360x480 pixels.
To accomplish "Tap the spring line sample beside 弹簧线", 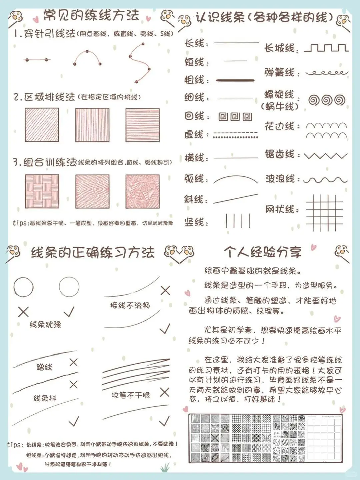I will coord(327,72).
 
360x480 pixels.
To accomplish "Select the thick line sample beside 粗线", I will coord(235,80).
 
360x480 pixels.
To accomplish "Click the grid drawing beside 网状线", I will coord(324,212).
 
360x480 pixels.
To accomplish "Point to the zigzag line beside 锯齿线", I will coord(326,156).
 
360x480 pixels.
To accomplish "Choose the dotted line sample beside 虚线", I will coord(235,135).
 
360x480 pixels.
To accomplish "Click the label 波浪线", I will coord(280,179).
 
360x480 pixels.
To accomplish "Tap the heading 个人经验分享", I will coord(263,252).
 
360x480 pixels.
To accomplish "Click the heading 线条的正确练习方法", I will coord(93,253).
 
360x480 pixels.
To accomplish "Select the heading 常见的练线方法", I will coord(91,15).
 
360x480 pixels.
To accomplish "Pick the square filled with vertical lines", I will coord(92,125).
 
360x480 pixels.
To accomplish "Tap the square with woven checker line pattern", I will coord(42,191).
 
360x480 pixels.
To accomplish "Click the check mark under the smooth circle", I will coord(69,312).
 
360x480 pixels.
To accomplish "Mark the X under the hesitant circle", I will coord(23,312).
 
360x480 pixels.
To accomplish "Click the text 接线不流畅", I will coord(130,305).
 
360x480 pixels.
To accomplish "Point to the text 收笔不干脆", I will coord(131,395).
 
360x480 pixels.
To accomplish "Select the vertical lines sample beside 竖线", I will coord(238,221).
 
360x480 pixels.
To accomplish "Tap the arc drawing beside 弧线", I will coord(235,179).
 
